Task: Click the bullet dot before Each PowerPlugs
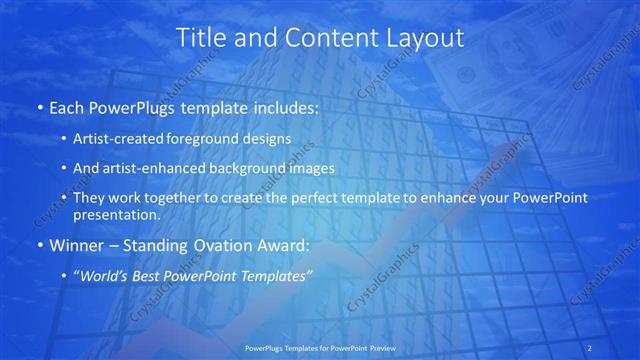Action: (x=39, y=107)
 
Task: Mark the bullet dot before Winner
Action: (x=39, y=244)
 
